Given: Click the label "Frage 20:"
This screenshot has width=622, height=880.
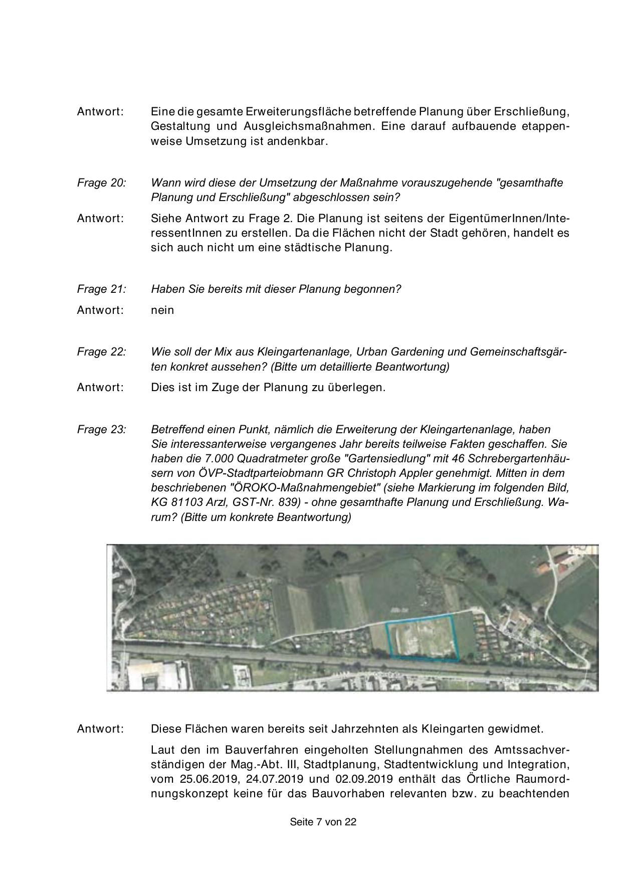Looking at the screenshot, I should [101, 183].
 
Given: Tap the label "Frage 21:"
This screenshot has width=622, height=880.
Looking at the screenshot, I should [101, 289].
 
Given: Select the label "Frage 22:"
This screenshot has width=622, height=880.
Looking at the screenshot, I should [101, 352].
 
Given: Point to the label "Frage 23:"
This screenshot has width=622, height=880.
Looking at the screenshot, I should [101, 430].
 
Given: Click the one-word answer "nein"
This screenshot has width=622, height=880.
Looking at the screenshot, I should [162, 310].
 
